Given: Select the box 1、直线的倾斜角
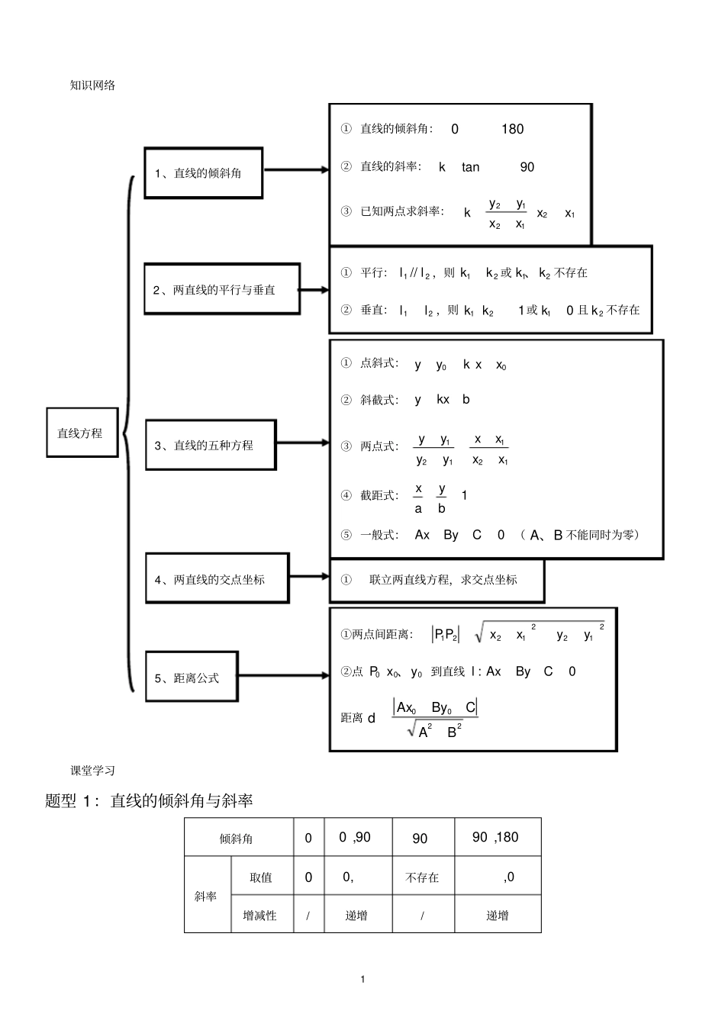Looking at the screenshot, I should click(203, 173).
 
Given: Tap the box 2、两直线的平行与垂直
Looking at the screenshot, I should click(221, 289).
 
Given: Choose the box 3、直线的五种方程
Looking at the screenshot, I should click(210, 445).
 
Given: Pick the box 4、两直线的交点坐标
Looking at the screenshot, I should click(217, 579).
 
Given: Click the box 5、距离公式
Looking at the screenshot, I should click(192, 677).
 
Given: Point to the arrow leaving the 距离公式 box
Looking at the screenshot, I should click(284, 676).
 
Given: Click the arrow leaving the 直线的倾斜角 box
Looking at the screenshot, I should click(296, 170).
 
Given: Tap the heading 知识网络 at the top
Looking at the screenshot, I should click(92, 85).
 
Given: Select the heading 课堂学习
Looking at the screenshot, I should click(92, 771).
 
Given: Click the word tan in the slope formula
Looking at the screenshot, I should click(470, 167).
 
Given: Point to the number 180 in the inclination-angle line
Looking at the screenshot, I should click(512, 129).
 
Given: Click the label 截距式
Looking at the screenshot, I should click(379, 496).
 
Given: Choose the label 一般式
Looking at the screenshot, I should click(379, 535).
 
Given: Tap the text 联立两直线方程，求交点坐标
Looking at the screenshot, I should click(443, 580).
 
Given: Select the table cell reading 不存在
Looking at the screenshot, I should click(422, 877).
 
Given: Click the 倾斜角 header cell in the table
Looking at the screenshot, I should click(237, 839).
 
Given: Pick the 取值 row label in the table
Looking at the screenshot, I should click(261, 877).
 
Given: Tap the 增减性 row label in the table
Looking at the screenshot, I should click(259, 915).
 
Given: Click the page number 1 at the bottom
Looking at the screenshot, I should click(362, 979).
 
